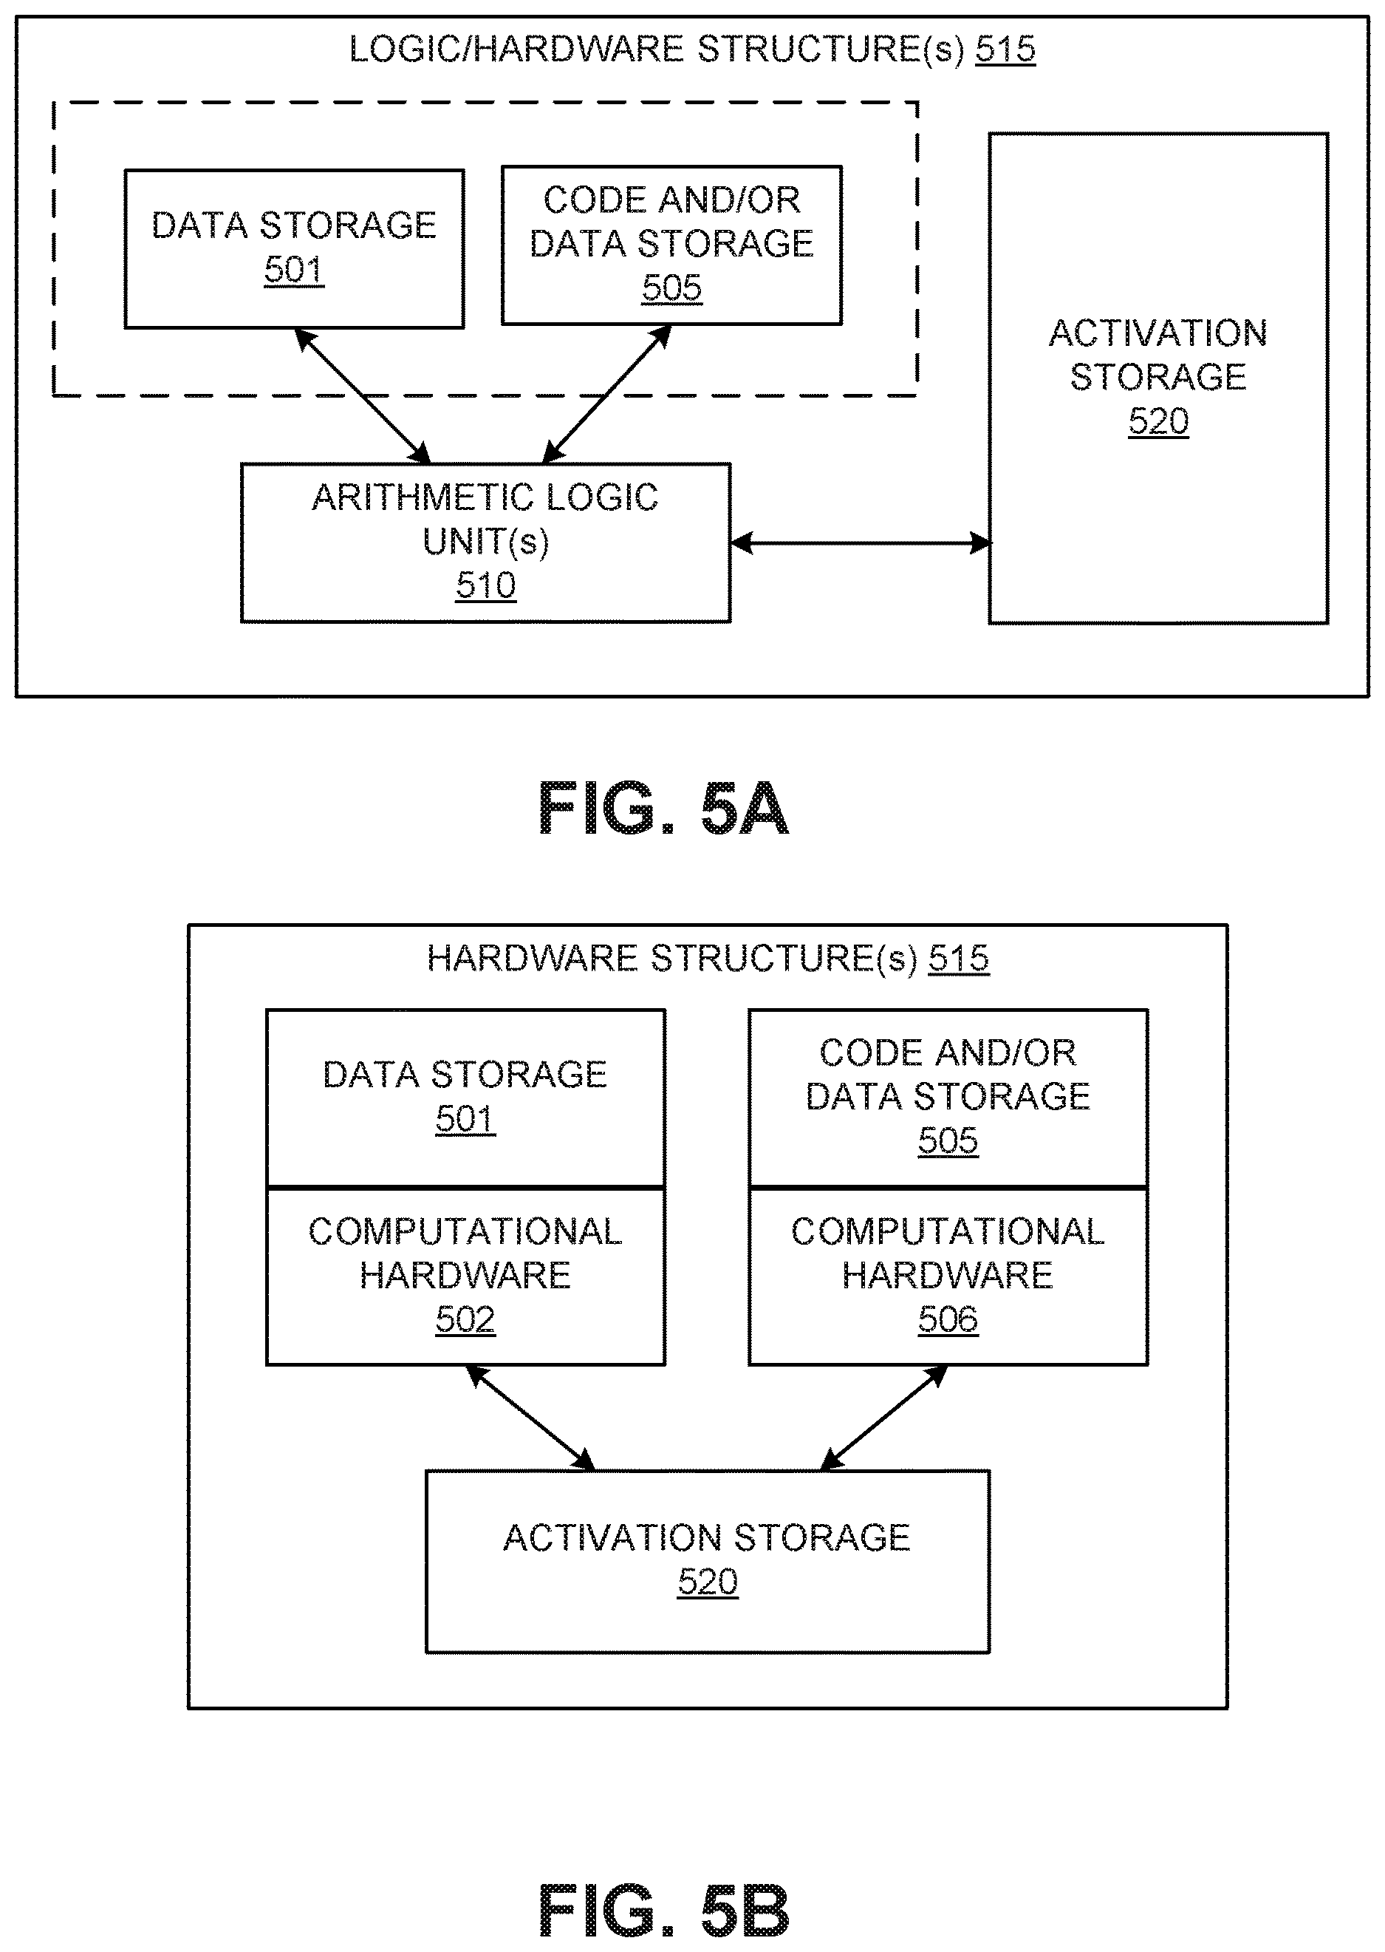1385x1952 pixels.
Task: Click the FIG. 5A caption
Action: click(663, 809)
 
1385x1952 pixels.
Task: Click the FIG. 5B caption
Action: click(663, 1911)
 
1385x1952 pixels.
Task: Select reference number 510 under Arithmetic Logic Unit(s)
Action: click(485, 585)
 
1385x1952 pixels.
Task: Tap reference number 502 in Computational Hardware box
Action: click(465, 1319)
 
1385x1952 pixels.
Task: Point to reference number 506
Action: click(948, 1319)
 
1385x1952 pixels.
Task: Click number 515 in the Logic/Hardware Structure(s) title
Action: click(1005, 50)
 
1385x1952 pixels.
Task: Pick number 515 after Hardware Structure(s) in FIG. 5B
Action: click(959, 958)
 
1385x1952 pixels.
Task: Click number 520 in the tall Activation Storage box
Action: click(1158, 421)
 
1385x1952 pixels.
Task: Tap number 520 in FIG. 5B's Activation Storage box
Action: click(708, 1582)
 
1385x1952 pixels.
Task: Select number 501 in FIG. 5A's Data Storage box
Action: click(294, 271)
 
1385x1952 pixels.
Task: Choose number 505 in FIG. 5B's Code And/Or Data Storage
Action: click(948, 1140)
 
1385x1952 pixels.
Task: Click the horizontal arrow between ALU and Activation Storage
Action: click(861, 543)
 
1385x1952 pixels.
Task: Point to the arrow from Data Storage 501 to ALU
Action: click(363, 396)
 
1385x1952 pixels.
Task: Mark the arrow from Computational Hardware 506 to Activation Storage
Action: click(883, 1418)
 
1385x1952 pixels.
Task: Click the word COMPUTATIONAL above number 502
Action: click(465, 1231)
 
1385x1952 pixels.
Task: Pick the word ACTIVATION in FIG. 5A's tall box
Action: click(1158, 333)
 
